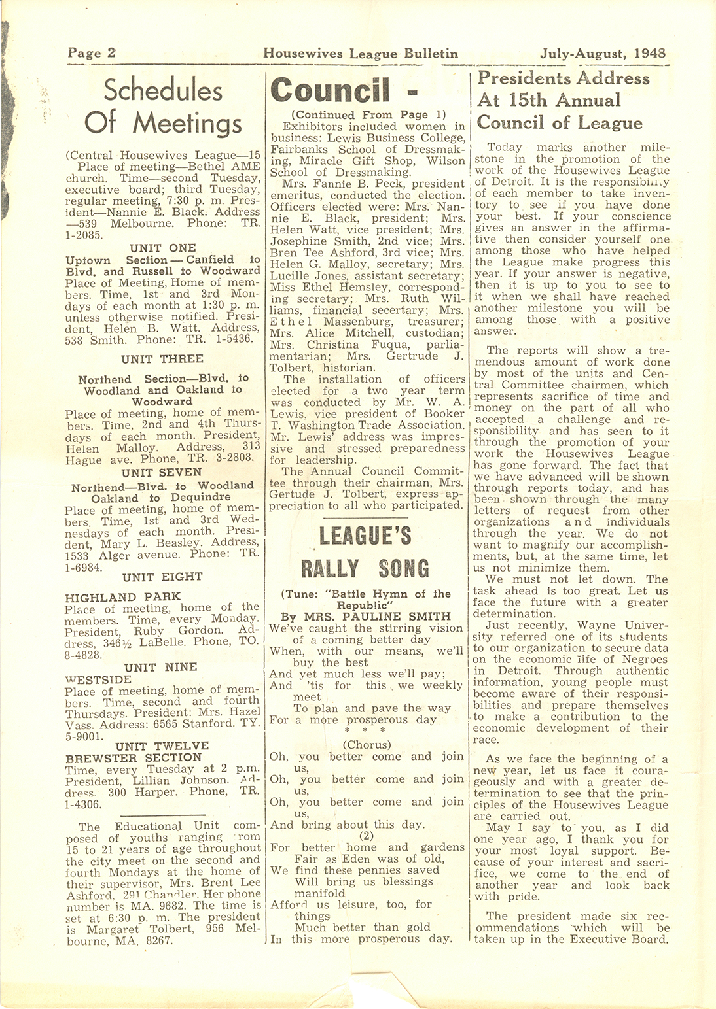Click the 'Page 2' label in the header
click(x=92, y=54)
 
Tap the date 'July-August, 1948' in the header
click(x=603, y=54)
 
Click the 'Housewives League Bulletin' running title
click(x=361, y=54)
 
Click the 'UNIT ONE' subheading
click(x=163, y=248)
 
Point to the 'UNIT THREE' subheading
click(x=162, y=358)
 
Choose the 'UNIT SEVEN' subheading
click(x=162, y=472)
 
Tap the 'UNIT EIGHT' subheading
click(x=162, y=577)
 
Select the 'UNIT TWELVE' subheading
click(x=162, y=745)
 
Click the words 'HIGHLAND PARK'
click(x=123, y=596)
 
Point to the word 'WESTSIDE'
click(x=99, y=679)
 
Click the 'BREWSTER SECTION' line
click(x=134, y=758)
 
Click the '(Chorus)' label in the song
click(x=367, y=744)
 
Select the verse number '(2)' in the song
click(x=367, y=835)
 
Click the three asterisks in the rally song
click(x=366, y=730)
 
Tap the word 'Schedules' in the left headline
click(x=163, y=90)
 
